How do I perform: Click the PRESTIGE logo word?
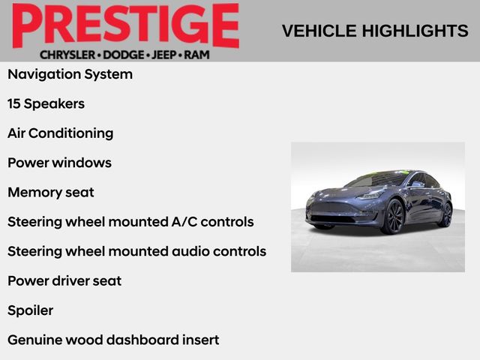(x=125, y=26)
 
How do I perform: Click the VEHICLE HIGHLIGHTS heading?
(x=375, y=31)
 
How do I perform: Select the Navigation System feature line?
(x=70, y=74)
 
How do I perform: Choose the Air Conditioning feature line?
(x=60, y=133)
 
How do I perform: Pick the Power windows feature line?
(x=59, y=163)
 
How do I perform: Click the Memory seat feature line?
(x=51, y=192)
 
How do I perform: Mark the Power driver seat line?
(x=64, y=280)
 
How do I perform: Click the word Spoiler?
(x=30, y=310)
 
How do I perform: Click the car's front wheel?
(x=393, y=217)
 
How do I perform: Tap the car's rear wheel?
(x=445, y=214)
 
